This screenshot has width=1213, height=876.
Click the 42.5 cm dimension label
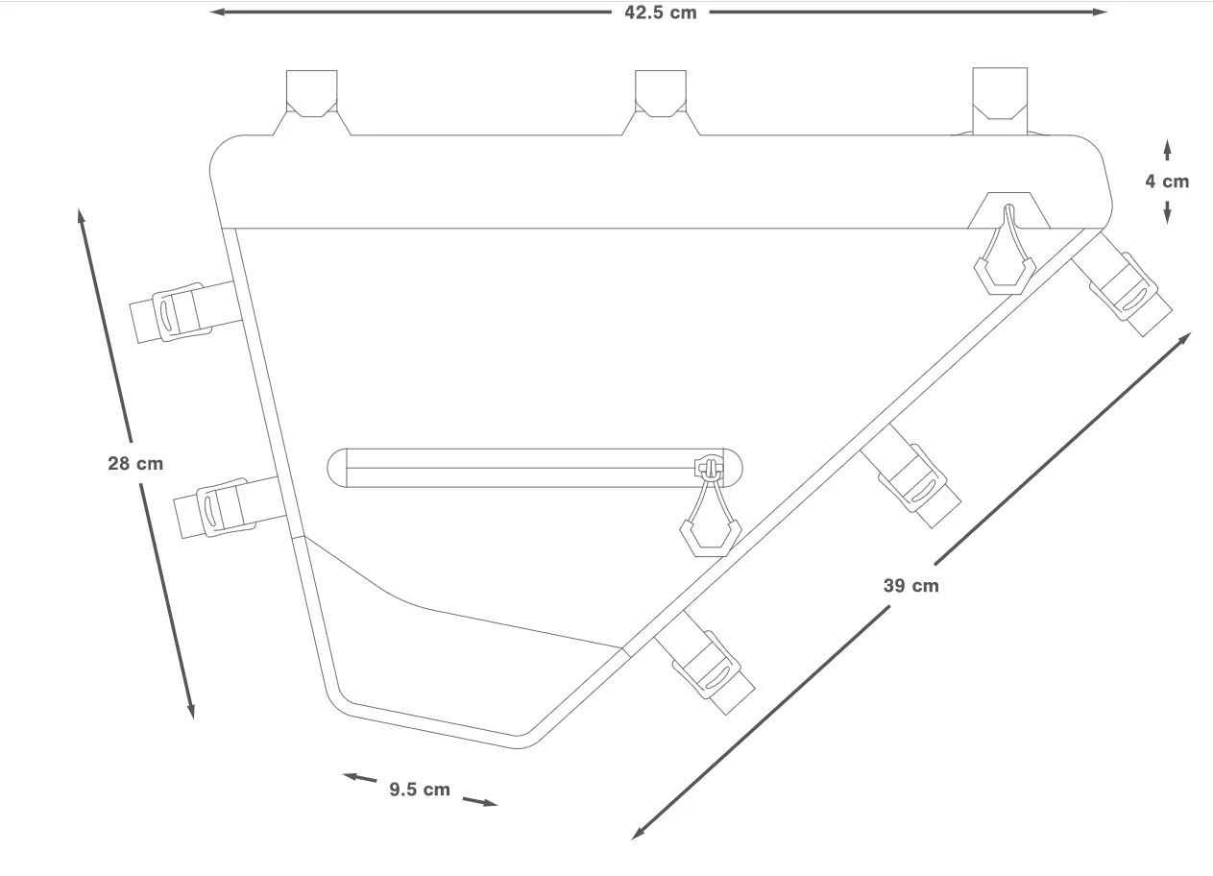(660, 12)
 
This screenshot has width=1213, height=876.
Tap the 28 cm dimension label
(135, 463)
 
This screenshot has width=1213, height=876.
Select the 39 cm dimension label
(910, 585)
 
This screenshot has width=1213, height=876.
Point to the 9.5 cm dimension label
(420, 790)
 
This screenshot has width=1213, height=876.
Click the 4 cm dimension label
(1167, 181)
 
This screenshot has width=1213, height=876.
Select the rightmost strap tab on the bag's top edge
(1000, 101)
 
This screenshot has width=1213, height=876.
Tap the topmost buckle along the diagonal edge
(1123, 285)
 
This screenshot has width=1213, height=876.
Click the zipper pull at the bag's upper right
(1005, 250)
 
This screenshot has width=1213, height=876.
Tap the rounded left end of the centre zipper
(337, 468)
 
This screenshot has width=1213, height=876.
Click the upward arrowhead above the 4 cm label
(1167, 145)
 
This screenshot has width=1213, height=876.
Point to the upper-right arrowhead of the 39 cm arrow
(1185, 338)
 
